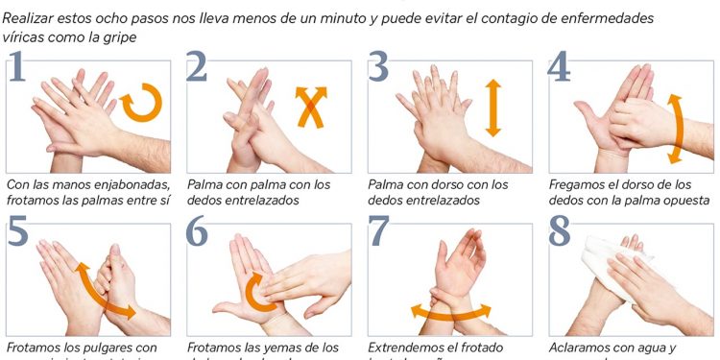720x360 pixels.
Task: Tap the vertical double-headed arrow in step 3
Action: click(x=493, y=107)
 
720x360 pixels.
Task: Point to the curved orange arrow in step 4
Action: click(x=676, y=128)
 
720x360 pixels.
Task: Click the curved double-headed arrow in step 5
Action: click(x=105, y=289)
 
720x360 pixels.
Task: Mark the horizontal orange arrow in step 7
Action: click(x=450, y=312)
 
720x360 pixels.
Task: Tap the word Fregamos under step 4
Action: click(x=578, y=184)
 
